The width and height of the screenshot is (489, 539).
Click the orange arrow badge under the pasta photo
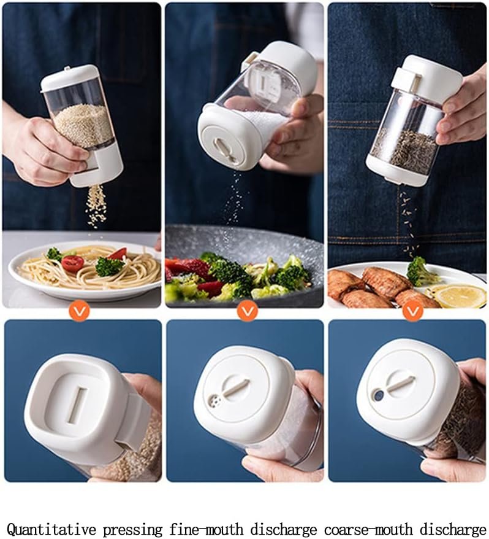(x=79, y=311)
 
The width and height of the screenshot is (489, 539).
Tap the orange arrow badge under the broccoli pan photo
(x=248, y=311)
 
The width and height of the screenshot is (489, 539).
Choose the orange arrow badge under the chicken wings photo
(x=412, y=311)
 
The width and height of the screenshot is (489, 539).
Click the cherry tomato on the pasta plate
(x=72, y=263)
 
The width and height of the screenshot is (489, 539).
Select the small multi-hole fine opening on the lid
(x=214, y=401)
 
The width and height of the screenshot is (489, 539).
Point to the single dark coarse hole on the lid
(x=379, y=395)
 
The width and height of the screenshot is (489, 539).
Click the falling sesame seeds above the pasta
(x=96, y=206)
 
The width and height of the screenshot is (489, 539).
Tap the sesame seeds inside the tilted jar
(x=84, y=125)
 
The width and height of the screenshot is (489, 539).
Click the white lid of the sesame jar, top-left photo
(x=69, y=76)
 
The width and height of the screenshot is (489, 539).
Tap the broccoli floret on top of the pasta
(x=109, y=266)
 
